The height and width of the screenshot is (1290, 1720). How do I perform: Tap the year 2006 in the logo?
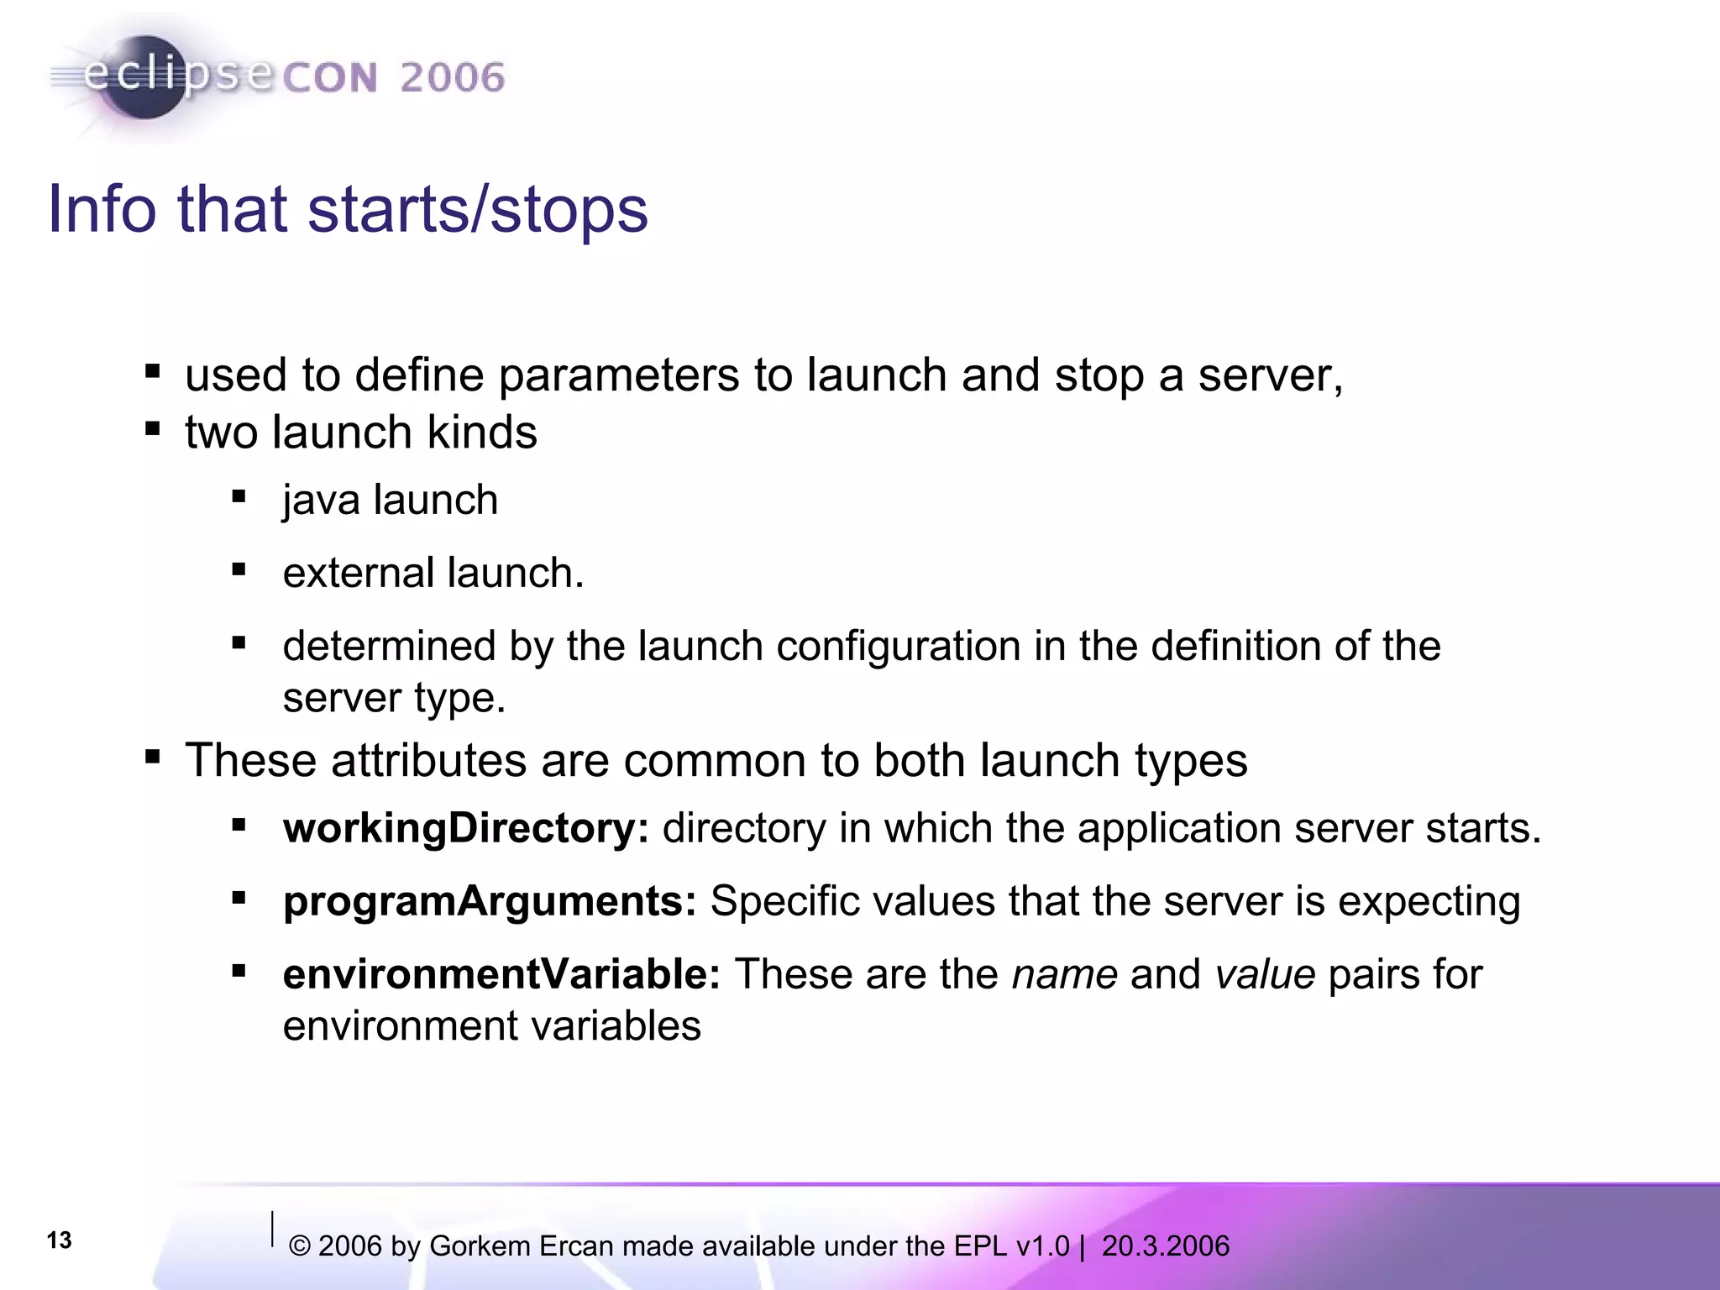click(x=452, y=78)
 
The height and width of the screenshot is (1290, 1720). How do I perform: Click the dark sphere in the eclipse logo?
click(x=144, y=78)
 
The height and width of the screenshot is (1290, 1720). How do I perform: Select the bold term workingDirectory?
click(x=465, y=828)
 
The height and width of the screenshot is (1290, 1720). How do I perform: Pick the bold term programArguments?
click(x=490, y=901)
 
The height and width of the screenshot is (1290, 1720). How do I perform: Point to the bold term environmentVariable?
click(x=501, y=974)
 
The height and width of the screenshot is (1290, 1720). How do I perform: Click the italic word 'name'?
click(x=1064, y=975)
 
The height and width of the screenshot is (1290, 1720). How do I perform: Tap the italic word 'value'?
click(x=1264, y=975)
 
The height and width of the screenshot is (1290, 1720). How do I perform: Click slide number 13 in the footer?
click(x=59, y=1240)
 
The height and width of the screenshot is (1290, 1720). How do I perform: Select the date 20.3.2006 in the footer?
click(x=1165, y=1246)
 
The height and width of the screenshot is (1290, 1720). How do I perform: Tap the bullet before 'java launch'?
click(x=239, y=497)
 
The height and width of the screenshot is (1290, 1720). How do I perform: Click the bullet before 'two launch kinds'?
click(x=152, y=430)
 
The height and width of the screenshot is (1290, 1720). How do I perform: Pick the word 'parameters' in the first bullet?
click(x=618, y=375)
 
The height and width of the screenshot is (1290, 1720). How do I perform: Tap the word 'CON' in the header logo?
click(x=329, y=78)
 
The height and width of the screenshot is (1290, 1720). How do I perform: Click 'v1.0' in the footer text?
click(x=1041, y=1246)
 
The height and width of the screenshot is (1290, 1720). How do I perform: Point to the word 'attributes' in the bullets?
click(x=428, y=761)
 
